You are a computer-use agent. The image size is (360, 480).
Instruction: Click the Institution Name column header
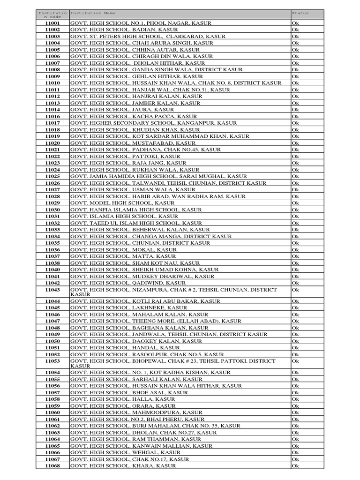93,13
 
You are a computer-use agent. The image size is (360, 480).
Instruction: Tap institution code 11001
52,23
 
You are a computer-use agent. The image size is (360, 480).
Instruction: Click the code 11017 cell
52,123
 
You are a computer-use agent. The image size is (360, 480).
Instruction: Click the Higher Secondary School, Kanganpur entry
154,123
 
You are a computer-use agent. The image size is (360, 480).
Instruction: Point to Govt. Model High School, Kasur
122,203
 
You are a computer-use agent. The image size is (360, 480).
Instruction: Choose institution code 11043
52,290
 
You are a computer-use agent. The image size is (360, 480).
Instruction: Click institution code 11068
52,466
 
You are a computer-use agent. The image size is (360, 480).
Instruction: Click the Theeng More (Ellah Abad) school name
156,321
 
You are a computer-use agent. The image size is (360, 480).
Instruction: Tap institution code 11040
52,270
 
